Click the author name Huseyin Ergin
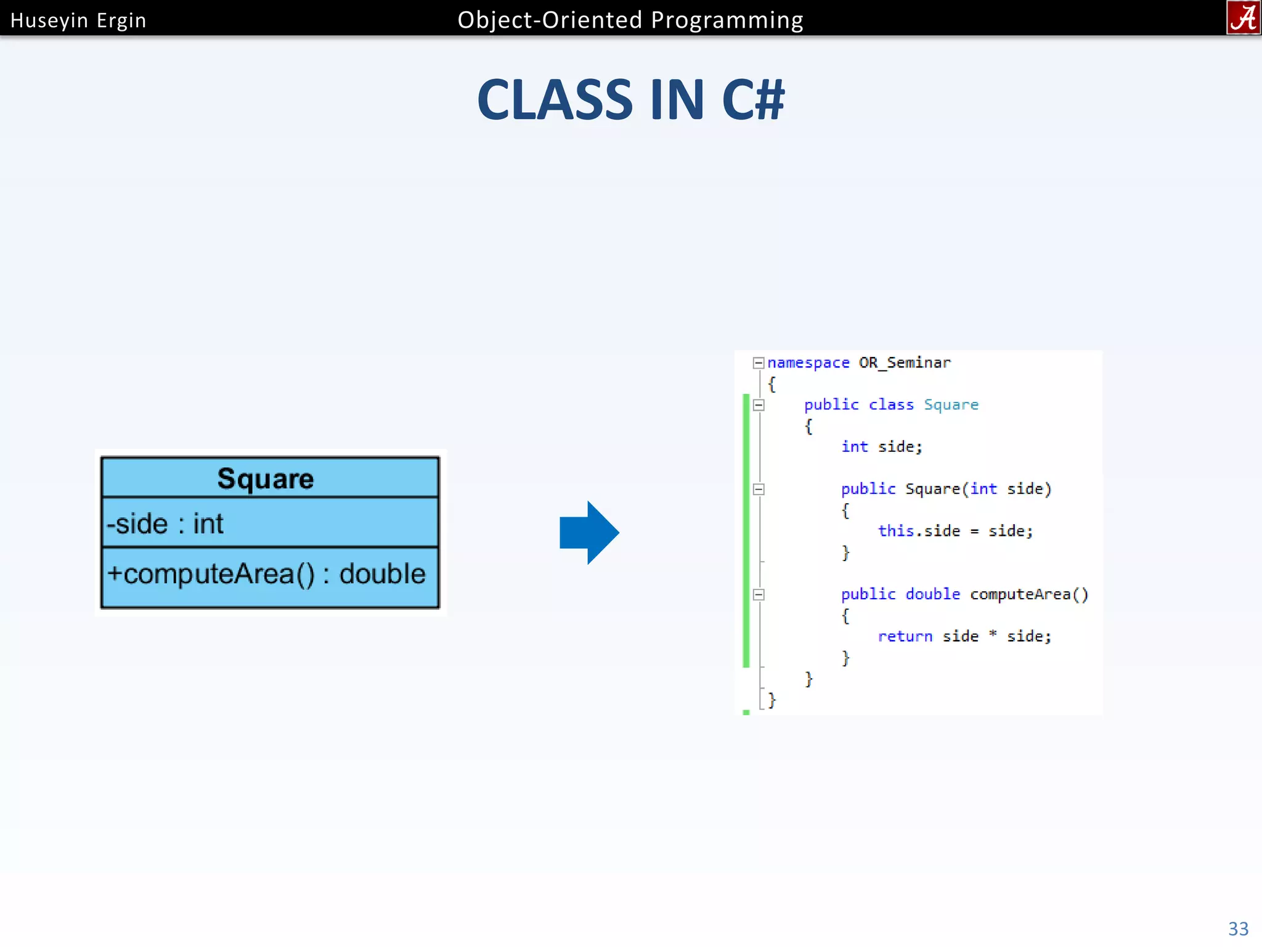coord(78,20)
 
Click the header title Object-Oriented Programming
coord(630,20)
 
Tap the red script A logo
coord(1243,18)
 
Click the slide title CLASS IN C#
coord(630,100)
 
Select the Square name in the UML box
coord(266,478)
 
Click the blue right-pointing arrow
coord(588,533)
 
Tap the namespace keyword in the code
coord(808,363)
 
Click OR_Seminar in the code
coord(904,363)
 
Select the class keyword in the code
coord(891,405)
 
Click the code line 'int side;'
coord(881,447)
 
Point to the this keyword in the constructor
coord(895,531)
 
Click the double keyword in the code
coord(932,594)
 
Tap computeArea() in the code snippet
coord(1028,594)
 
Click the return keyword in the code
coord(905,636)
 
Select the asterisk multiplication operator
coord(992,635)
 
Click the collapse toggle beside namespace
coord(759,363)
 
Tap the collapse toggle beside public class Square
coord(759,405)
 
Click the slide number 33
coord(1238,929)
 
